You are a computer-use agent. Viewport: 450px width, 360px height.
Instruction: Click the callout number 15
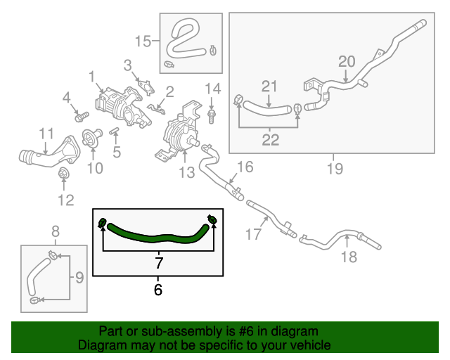[143, 41]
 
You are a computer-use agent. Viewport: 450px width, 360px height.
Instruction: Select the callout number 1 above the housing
[91, 75]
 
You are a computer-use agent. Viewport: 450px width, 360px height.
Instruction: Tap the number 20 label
[347, 61]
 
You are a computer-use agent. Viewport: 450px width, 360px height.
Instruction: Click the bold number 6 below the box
[157, 289]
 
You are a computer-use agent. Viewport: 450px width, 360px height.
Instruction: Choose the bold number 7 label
[159, 264]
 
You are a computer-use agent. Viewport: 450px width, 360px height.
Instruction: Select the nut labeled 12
[64, 174]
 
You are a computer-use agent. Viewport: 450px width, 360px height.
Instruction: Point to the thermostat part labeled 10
[90, 139]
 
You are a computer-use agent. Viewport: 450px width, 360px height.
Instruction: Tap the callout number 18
[349, 257]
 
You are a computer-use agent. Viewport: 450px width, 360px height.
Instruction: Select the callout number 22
[271, 140]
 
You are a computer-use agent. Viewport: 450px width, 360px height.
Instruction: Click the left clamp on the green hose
[102, 224]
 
